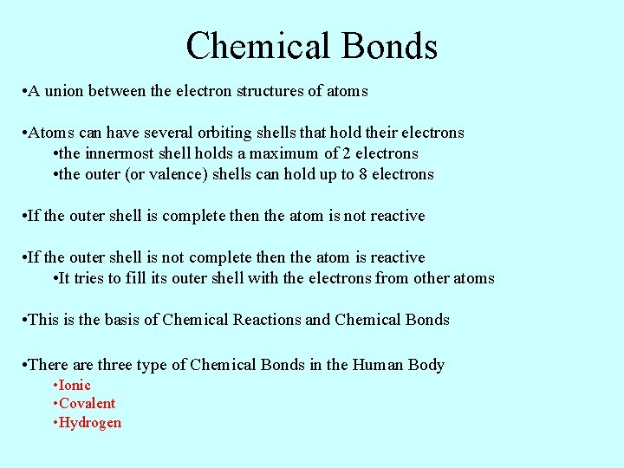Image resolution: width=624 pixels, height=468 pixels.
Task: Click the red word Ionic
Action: tap(75, 385)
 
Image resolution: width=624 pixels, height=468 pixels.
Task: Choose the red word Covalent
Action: tap(87, 403)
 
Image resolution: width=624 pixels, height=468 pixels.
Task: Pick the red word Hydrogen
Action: tap(90, 423)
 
